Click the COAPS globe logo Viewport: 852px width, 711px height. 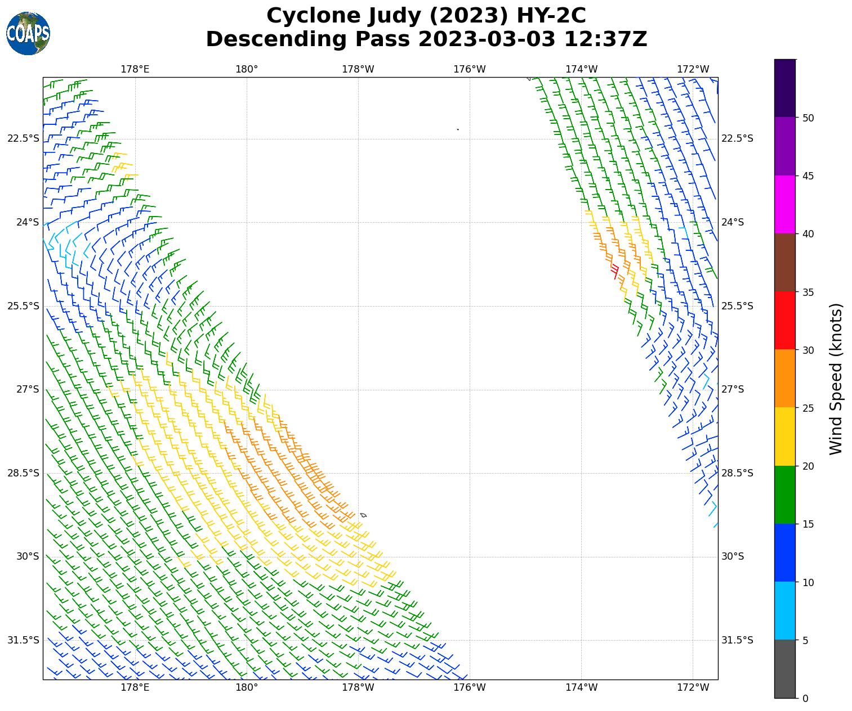click(28, 33)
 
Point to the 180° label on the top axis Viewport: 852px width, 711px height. click(247, 69)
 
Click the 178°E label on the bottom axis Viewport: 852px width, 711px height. click(135, 687)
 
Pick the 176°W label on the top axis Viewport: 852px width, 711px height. click(470, 69)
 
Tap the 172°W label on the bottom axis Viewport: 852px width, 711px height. click(693, 687)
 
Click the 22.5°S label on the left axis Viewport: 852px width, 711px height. click(24, 138)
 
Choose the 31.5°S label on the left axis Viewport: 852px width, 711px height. click(24, 640)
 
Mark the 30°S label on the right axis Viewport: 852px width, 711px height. click(733, 556)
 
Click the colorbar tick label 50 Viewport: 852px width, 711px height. click(808, 118)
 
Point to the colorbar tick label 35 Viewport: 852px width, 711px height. click(808, 292)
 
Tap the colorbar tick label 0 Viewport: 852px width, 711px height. click(805, 699)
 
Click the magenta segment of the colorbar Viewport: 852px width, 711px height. click(785, 204)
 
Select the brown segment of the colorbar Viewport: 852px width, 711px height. click(785, 263)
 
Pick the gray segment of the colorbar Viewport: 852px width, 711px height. click(785, 669)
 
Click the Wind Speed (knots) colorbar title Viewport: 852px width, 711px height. click(836, 379)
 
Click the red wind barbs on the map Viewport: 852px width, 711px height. click(614, 271)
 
